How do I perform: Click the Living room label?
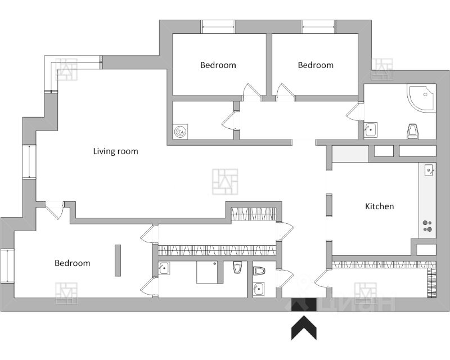pos(115,151)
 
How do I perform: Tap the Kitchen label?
pos(380,206)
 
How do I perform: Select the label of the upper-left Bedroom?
pos(218,65)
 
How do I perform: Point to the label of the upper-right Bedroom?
pos(316,65)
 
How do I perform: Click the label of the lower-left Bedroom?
pos(72,263)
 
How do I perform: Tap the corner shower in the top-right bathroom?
pos(422,98)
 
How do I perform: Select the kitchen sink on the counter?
pos(429,169)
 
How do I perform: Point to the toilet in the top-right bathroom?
pos(413,132)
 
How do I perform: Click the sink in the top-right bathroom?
pos(370,130)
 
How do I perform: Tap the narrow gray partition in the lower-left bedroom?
pos(118,260)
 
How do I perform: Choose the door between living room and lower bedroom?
pos(54,209)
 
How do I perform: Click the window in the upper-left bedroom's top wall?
pos(218,27)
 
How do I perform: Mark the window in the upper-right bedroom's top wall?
pos(318,27)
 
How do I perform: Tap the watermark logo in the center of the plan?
pos(225,182)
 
